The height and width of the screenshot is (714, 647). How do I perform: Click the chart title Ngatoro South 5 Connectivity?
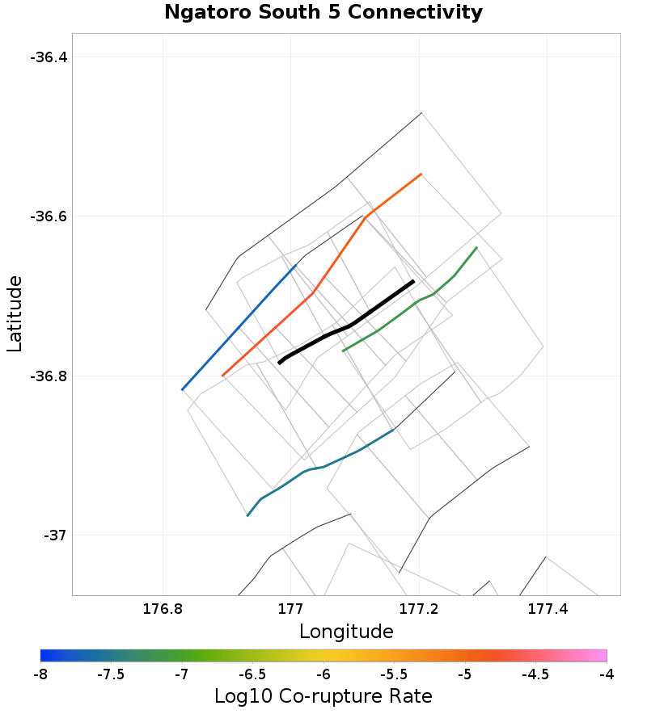(x=323, y=13)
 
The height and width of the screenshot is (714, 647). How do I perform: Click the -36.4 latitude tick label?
(x=49, y=57)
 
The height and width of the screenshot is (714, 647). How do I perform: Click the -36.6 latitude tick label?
(x=49, y=216)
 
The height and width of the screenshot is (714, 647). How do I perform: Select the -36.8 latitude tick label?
(x=49, y=376)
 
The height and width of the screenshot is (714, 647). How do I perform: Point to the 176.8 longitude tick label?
(x=163, y=607)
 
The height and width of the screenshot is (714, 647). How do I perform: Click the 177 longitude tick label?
(x=291, y=607)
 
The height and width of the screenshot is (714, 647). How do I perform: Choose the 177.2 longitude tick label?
(x=419, y=607)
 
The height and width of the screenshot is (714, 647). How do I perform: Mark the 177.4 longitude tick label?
(x=547, y=607)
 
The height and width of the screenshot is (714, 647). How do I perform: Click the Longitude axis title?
(x=346, y=632)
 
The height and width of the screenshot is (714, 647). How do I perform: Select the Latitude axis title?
(x=15, y=313)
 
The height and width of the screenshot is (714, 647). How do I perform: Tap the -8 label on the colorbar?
(x=40, y=673)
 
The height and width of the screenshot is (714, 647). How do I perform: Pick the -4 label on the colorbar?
(x=607, y=673)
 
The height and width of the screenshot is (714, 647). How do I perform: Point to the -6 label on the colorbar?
(x=323, y=673)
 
